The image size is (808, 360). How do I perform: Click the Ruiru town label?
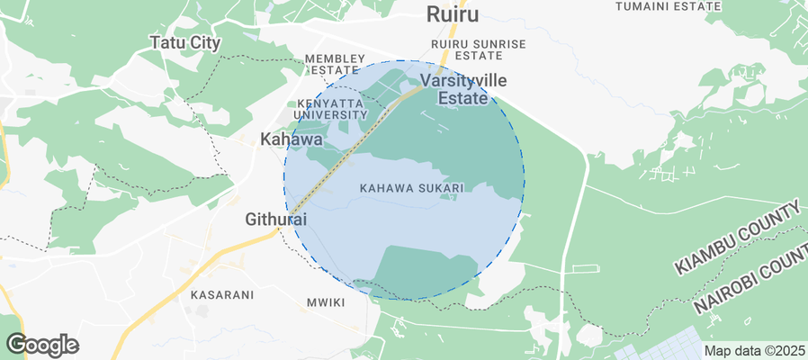point(452,14)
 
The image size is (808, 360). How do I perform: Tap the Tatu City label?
point(184,42)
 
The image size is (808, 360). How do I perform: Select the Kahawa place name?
point(291,139)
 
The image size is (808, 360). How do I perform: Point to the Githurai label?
point(276,219)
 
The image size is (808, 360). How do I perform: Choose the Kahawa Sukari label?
point(410,188)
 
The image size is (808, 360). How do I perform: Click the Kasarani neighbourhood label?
point(222,294)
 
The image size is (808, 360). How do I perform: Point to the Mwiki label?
point(326,302)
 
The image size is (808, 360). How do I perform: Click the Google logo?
point(42,345)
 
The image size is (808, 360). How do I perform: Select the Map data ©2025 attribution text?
point(754,351)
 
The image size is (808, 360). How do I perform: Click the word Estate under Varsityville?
point(462,98)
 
